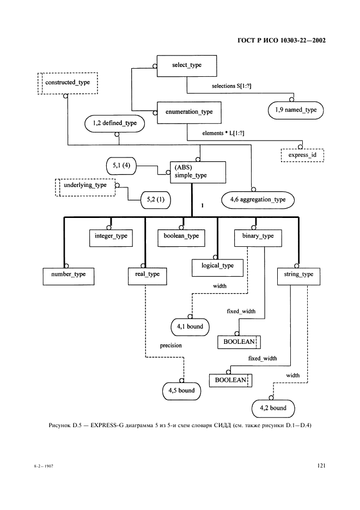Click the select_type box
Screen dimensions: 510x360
(187, 65)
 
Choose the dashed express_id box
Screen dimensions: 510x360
(302, 155)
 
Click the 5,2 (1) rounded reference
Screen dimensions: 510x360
(155, 200)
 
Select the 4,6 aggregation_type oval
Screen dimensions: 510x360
(258, 200)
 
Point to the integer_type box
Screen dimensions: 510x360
(111, 236)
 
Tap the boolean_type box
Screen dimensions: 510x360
(181, 236)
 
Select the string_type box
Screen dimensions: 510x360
(299, 275)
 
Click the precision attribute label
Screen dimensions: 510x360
(170, 345)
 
